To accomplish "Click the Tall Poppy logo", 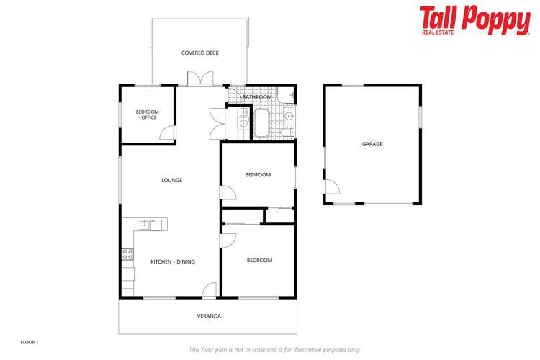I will coord(474,19).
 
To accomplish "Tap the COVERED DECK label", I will coord(200,53).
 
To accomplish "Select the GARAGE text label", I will coord(372,144).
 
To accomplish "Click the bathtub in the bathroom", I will coord(260,123).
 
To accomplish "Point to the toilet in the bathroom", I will coord(285,132).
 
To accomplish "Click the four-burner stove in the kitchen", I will coord(127,253).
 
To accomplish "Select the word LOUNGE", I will coord(171,180).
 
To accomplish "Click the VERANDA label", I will coord(209,315).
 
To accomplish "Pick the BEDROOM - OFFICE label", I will coord(147,114).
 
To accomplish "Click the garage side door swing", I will coord(332,190).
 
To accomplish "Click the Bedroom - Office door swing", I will coord(167,133).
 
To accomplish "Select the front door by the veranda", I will coord(209,289).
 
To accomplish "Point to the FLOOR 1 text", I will coord(29,341).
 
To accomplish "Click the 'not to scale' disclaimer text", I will coord(274,349).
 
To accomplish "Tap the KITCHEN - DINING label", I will coord(173,261).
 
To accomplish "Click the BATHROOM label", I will coord(257,96).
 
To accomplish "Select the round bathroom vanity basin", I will coord(289,115).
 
